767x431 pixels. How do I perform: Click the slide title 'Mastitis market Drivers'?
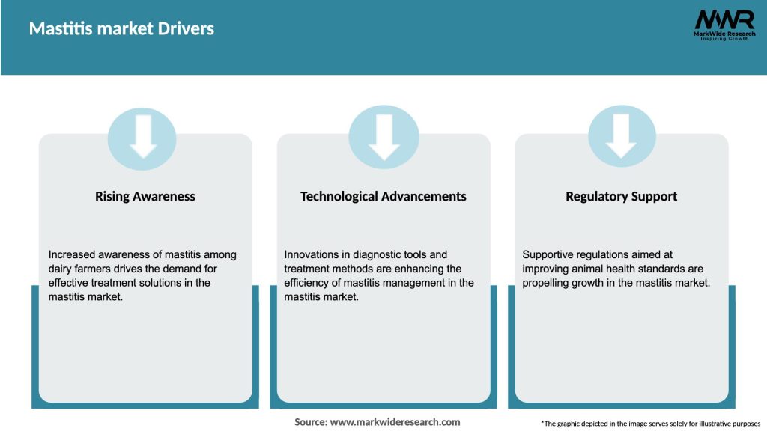tap(121, 29)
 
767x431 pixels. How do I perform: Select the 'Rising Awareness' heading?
tap(145, 197)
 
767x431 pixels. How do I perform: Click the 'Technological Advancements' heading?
tap(383, 197)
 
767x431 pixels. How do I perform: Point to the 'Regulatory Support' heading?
tap(621, 197)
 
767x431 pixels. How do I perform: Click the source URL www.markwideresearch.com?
tap(395, 422)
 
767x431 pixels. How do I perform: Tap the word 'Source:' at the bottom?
tap(311, 422)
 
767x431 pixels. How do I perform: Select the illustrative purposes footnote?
tap(650, 424)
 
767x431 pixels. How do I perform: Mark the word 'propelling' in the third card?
tap(548, 284)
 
